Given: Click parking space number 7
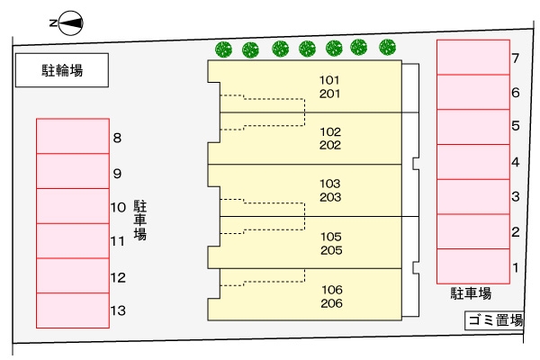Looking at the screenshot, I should pyautogui.click(x=473, y=58).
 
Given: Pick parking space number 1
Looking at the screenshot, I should pyautogui.click(x=473, y=265).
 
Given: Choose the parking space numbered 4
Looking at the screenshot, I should pyautogui.click(x=473, y=162).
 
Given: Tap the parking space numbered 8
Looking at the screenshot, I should pyautogui.click(x=71, y=137).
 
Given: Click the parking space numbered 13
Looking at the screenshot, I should pyautogui.click(x=71, y=310).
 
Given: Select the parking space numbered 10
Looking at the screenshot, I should pyautogui.click(x=71, y=206).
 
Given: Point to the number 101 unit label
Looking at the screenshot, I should pyautogui.click(x=329, y=80).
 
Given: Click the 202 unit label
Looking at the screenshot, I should pyautogui.click(x=329, y=144).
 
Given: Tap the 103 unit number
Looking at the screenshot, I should pyautogui.click(x=329, y=184).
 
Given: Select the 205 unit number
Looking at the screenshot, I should pyautogui.click(x=330, y=250).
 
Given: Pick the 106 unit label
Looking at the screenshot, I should pyautogui.click(x=330, y=290).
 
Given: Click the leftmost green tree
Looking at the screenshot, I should pyautogui.click(x=223, y=49).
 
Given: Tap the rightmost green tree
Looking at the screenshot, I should pyautogui.click(x=388, y=47).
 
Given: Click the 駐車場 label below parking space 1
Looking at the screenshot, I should pyautogui.click(x=471, y=293).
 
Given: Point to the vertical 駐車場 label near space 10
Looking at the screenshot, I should pyautogui.click(x=140, y=220).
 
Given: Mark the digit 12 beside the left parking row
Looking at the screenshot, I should pyautogui.click(x=118, y=278).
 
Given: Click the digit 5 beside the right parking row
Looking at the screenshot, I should pyautogui.click(x=516, y=126).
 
